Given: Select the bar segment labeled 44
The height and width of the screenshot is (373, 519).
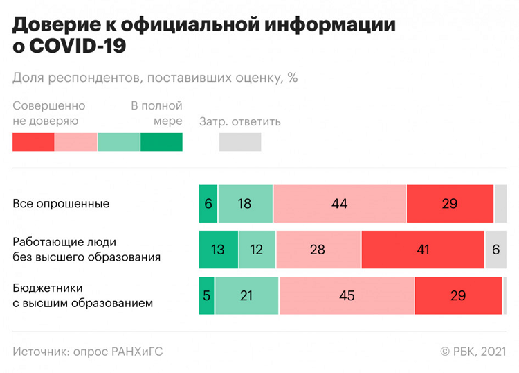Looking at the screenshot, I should (x=339, y=204).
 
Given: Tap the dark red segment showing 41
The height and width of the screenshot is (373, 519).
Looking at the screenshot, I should (x=422, y=250).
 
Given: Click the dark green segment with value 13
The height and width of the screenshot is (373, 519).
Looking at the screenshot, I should (x=218, y=250).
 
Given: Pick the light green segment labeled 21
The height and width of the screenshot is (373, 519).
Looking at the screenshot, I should (x=246, y=295).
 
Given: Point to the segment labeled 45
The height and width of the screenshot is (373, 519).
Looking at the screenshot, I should (x=346, y=295).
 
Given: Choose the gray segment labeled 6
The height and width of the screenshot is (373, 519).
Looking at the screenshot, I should (x=495, y=250).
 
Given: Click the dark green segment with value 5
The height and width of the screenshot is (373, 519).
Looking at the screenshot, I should (x=206, y=295).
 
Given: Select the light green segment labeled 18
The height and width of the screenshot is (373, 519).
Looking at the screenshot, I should (x=245, y=204).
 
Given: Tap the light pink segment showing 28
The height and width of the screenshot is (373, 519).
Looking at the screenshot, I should (x=318, y=250).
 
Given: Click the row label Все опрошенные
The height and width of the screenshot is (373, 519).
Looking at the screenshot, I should (x=61, y=204).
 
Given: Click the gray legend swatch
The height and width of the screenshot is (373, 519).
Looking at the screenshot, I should (x=240, y=142).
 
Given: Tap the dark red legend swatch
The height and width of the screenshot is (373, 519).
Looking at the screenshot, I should (x=33, y=142).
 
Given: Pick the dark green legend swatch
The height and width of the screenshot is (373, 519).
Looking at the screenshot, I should (x=161, y=142).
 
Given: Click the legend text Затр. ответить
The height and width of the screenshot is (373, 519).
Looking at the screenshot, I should (x=240, y=122).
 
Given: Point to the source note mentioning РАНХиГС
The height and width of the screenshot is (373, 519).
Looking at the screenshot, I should (x=88, y=352).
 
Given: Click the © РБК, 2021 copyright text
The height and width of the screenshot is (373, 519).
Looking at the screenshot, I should (x=473, y=352).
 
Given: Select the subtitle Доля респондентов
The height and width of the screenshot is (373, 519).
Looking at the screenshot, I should (x=155, y=78).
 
